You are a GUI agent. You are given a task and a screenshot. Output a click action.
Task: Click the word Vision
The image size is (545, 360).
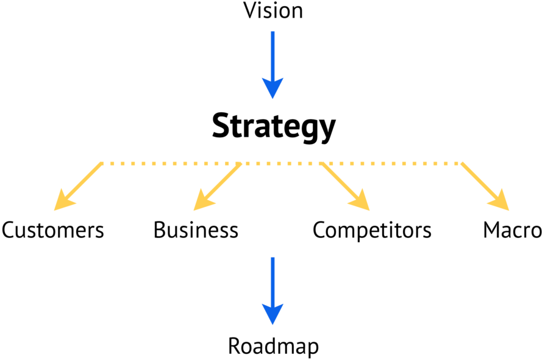tap(272, 10)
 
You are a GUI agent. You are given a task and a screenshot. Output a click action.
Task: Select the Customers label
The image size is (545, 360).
tap(52, 231)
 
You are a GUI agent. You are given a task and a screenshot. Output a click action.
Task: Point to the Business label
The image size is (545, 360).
tap(196, 231)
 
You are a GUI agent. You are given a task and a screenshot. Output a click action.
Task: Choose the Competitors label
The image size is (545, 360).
tap(372, 231)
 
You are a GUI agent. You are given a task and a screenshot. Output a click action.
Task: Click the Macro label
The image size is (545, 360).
tap(512, 231)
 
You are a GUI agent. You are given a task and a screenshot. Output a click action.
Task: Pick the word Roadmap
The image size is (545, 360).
tap(273, 346)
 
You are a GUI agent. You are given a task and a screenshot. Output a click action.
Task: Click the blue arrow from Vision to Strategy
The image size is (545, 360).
tap(272, 61)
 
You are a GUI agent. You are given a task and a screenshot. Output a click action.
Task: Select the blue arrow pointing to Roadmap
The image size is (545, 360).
tap(272, 287)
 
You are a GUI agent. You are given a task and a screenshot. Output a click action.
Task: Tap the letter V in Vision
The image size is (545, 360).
tap(249, 10)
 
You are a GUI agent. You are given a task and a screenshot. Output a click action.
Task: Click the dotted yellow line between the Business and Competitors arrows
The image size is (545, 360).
tap(280, 164)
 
